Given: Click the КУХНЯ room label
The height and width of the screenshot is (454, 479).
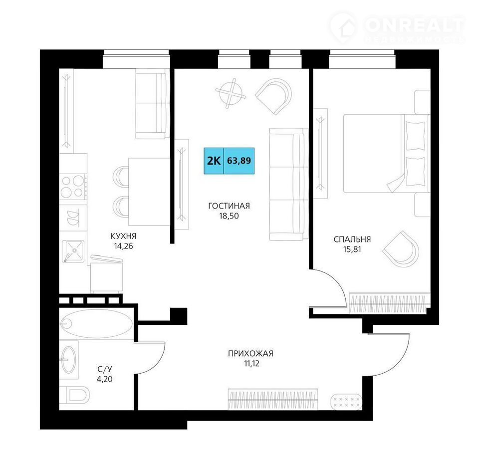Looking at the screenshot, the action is [123, 236].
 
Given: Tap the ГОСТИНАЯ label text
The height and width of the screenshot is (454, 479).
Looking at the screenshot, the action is [229, 206].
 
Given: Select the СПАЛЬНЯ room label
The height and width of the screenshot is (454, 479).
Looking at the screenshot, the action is [352, 239].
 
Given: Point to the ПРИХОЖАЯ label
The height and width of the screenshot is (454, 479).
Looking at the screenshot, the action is [250, 354].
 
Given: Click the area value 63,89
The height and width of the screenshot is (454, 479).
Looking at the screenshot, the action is [239, 161].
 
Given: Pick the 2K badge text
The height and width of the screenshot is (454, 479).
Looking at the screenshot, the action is [214, 161].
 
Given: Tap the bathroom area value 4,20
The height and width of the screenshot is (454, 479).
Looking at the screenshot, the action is [104, 379].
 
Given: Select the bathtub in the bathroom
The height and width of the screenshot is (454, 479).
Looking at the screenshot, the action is [96, 324].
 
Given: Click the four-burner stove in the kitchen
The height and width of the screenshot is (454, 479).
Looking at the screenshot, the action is [73, 187].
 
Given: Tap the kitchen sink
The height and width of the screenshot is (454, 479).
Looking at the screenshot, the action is [73, 251].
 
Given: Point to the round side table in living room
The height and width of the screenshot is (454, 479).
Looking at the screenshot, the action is [231, 93].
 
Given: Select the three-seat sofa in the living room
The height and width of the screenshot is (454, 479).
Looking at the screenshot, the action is [289, 184].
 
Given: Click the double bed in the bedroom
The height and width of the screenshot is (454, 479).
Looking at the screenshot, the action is [387, 153].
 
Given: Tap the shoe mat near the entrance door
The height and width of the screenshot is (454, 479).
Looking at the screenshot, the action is [347, 402].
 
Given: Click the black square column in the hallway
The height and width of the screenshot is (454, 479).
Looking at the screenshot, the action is [179, 316].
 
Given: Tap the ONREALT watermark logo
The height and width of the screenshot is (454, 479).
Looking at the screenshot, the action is [397, 28].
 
